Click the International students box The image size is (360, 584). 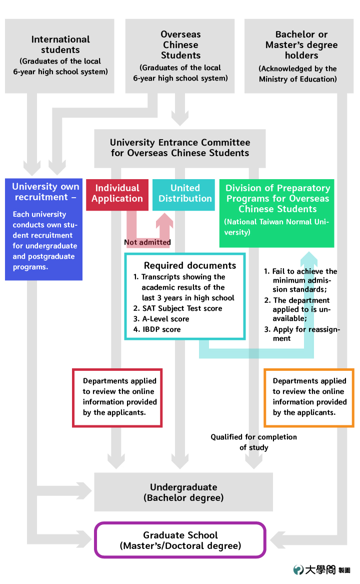(59, 56)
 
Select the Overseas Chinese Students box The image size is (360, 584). (180, 56)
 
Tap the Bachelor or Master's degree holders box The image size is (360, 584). (299, 56)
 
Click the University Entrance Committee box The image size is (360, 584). (180, 148)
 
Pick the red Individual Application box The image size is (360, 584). (117, 195)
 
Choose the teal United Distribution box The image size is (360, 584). (183, 195)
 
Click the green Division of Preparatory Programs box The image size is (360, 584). (276, 213)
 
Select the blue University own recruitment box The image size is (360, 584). (43, 229)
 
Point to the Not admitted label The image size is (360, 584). (147, 243)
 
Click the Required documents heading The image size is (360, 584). (190, 266)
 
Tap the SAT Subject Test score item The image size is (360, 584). (177, 308)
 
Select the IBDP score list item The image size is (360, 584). (156, 330)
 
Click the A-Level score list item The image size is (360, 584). (161, 319)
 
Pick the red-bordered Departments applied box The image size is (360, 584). (117, 398)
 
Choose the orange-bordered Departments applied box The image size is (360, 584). (308, 398)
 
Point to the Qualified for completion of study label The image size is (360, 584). (254, 442)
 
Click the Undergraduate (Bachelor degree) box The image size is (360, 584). (183, 492)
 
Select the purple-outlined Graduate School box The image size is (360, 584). (180, 540)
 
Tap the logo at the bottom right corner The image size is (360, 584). (321, 570)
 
